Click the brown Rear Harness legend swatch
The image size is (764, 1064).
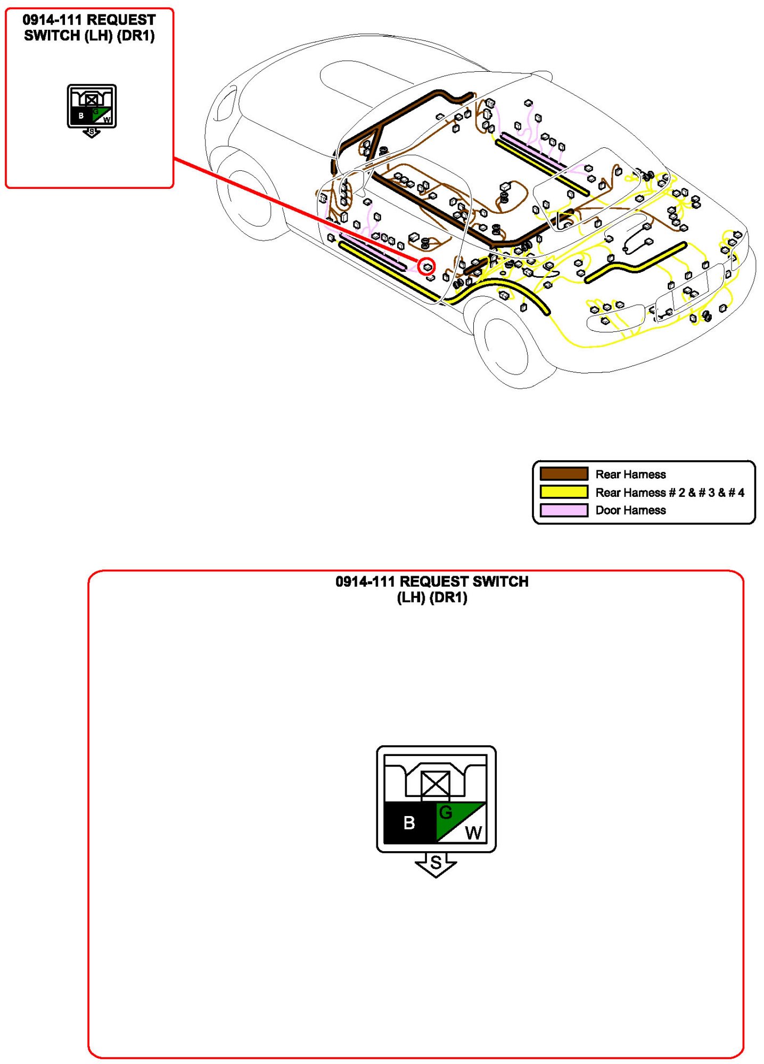click(564, 473)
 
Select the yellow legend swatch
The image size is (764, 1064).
click(564, 492)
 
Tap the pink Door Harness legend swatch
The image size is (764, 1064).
click(564, 510)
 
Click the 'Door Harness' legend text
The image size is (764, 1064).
click(630, 510)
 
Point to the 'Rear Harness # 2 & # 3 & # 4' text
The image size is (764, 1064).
click(669, 492)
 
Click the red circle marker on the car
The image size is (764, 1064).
click(426, 266)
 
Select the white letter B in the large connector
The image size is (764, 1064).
click(409, 822)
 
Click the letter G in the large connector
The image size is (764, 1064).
click(446, 812)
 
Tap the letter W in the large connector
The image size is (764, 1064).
click(473, 833)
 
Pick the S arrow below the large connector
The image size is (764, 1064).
click(436, 863)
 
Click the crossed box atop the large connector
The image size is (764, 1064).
click(435, 784)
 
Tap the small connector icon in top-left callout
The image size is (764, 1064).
click(92, 106)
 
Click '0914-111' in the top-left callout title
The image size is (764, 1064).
click(52, 20)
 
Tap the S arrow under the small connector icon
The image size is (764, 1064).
click(92, 132)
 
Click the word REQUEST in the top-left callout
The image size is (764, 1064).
click(121, 20)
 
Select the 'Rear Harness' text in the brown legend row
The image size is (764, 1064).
click(630, 474)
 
